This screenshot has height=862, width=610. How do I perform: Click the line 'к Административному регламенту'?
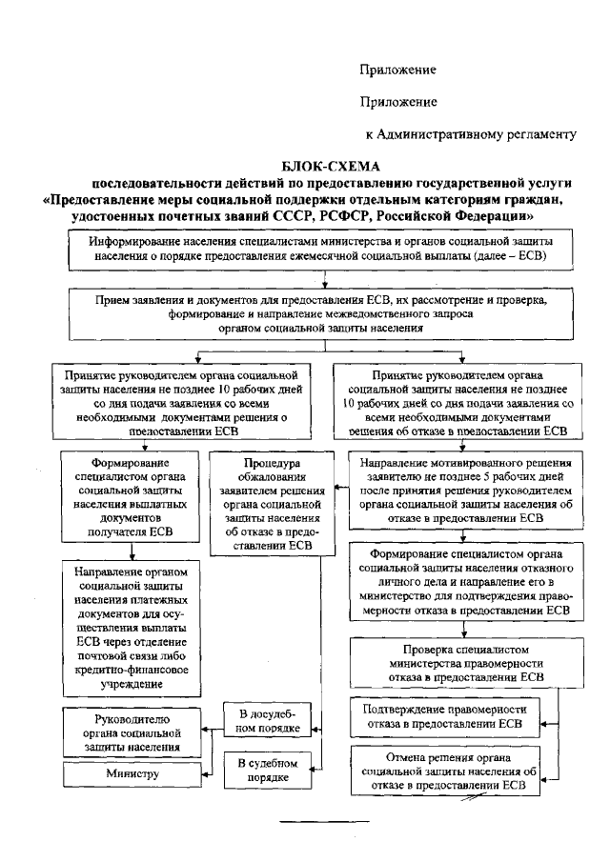pos(471,132)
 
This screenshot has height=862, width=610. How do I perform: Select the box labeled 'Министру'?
pos(134,774)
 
